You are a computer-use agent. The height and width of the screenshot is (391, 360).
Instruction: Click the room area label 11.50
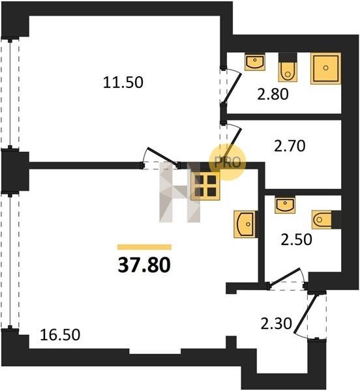point(123,83)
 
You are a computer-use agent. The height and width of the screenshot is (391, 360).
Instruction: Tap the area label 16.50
point(60,335)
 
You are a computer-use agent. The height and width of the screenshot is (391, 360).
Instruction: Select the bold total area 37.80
point(144,265)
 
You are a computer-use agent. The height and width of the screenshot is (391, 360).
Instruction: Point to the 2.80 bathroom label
point(273,94)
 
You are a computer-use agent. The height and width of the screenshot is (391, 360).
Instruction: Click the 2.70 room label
point(290,146)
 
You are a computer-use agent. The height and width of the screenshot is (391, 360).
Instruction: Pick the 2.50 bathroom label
point(296,239)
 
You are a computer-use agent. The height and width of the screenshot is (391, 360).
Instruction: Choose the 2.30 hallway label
point(276,324)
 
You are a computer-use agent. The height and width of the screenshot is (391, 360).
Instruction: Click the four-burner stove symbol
point(205,185)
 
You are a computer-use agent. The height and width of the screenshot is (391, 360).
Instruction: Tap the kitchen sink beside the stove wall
point(245,224)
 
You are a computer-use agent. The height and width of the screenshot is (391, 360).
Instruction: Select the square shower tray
point(325,68)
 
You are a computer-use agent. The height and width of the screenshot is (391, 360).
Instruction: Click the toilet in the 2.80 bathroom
point(288,67)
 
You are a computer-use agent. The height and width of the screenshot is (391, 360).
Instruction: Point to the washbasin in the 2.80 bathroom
point(255,62)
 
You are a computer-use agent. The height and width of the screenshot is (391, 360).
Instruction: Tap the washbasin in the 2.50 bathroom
point(284,205)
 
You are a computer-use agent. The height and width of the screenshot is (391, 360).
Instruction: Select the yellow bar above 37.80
point(144,247)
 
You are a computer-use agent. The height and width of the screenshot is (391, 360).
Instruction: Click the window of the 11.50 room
point(10,94)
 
